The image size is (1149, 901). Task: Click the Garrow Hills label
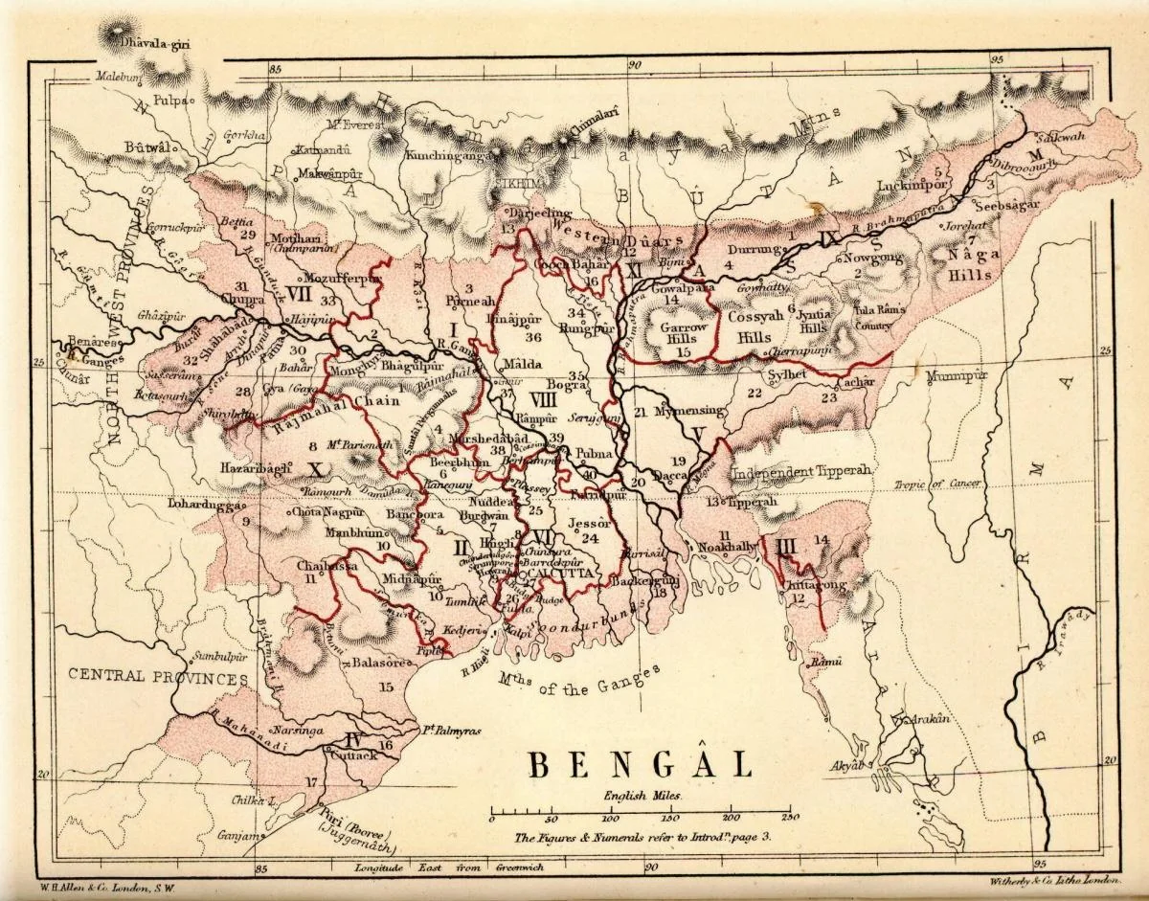(684, 332)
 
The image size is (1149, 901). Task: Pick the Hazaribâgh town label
(252, 468)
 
